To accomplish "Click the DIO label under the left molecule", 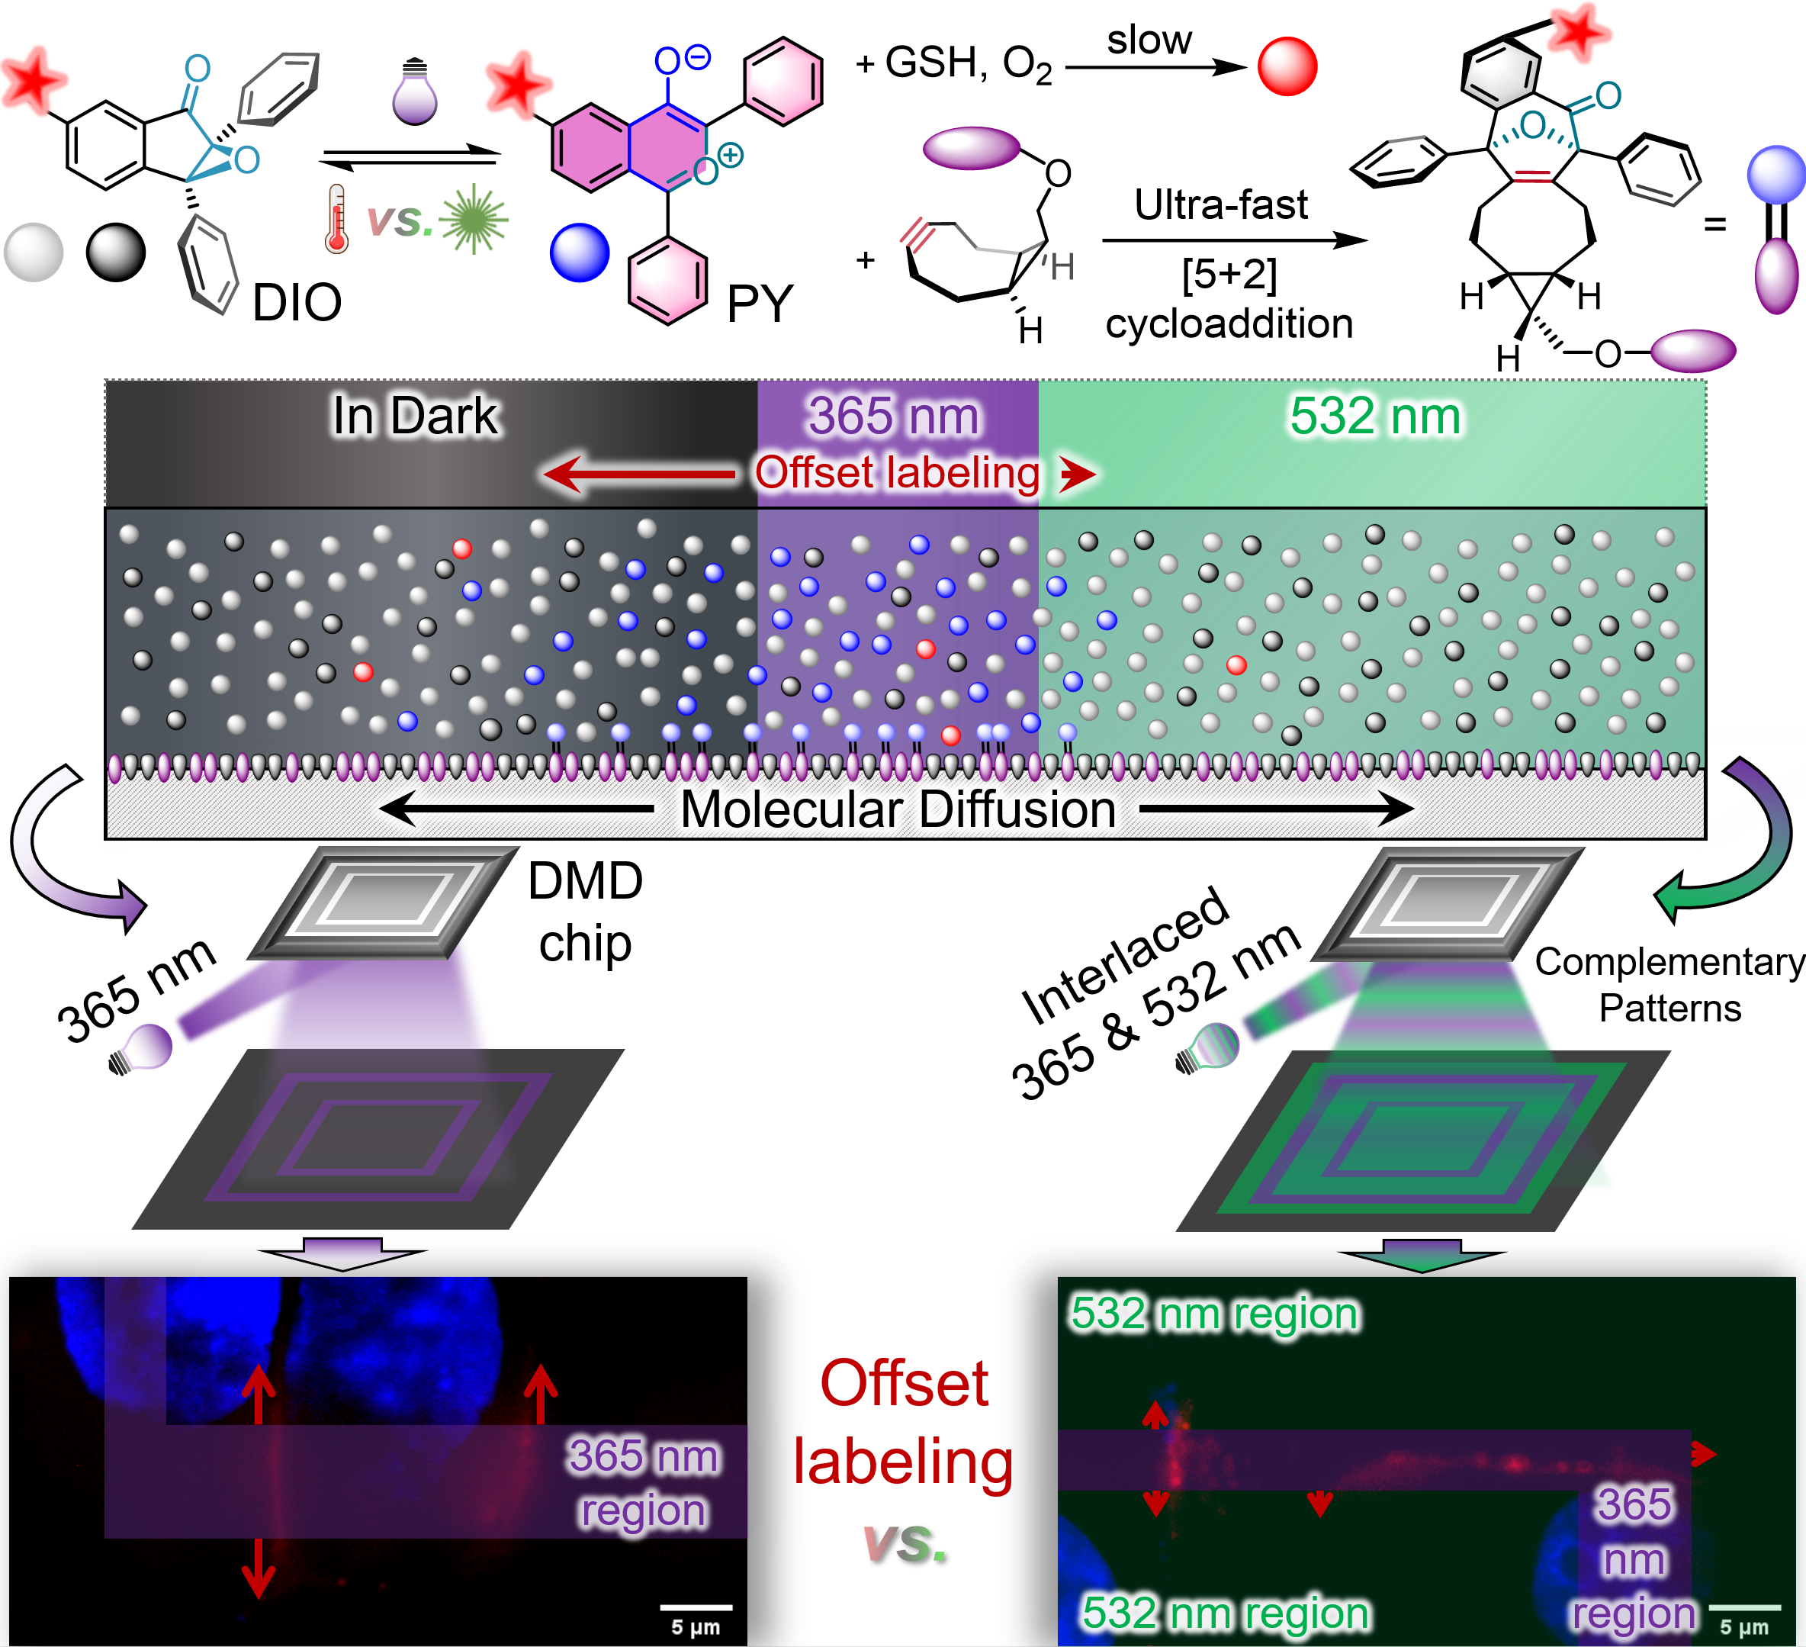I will (x=297, y=303).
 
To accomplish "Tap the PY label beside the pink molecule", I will (x=760, y=304).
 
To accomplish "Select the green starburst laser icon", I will (x=474, y=219).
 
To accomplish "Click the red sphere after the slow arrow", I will (x=1287, y=66).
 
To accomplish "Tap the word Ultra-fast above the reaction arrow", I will (x=1221, y=204).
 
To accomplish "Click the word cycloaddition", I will (x=1229, y=323).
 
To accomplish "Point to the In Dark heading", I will (x=415, y=416).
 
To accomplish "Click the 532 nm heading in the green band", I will (x=1375, y=416).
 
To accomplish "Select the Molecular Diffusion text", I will (x=898, y=809).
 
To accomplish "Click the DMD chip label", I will (x=585, y=912).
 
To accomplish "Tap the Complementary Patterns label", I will (x=1669, y=985).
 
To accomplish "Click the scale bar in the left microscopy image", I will (x=696, y=1607).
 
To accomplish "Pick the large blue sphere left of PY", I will (x=580, y=253).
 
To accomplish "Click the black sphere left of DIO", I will (x=116, y=253).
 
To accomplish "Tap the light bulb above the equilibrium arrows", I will (x=415, y=93).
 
